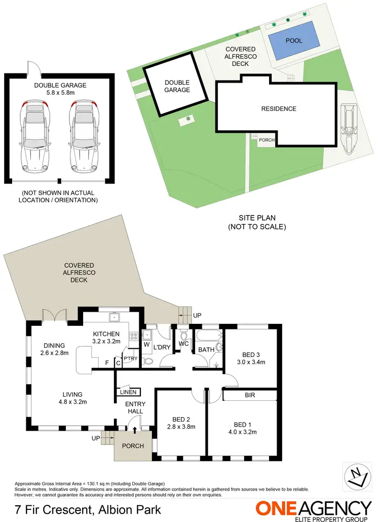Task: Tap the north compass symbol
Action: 358,477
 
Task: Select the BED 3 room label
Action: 248,354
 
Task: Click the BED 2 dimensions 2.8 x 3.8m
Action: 181,427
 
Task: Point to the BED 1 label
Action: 243,424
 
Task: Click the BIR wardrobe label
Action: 249,395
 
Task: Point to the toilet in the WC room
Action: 184,335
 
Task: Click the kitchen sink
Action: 115,318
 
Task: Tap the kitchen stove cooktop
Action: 134,336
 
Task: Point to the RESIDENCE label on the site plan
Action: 279,109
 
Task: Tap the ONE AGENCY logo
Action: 313,509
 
